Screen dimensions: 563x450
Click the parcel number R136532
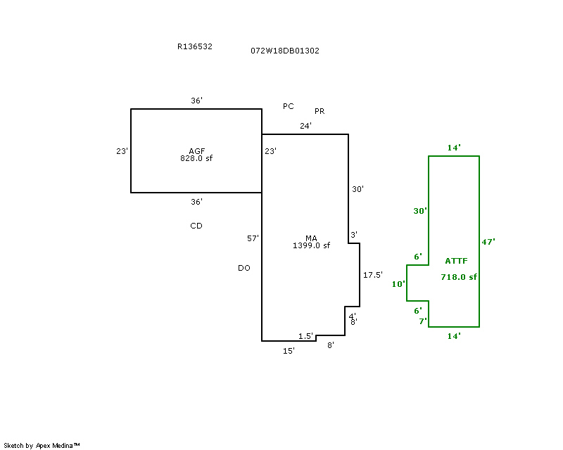coord(195,46)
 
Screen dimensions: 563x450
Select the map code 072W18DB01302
coord(285,51)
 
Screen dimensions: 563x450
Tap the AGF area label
coord(197,151)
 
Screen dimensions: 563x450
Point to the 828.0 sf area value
coord(196,158)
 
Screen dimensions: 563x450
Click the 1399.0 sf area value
coord(311,245)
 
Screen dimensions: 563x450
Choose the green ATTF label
coord(456,261)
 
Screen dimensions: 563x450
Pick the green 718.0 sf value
coord(459,277)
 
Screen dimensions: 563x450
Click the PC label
coord(289,106)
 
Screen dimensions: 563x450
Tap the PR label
coord(320,111)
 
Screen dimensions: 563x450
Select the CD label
coord(196,226)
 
